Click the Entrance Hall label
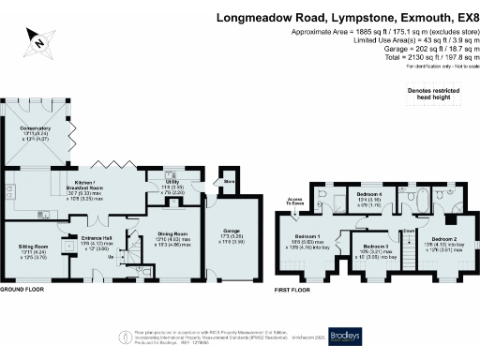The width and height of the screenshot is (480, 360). [x=97, y=238]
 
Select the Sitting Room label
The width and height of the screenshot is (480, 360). [x=32, y=248]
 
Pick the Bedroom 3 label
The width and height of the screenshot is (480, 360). [x=375, y=247]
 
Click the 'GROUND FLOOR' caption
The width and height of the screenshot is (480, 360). [x=25, y=291]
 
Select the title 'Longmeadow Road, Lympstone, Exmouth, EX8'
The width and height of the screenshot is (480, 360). [x=332, y=17]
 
